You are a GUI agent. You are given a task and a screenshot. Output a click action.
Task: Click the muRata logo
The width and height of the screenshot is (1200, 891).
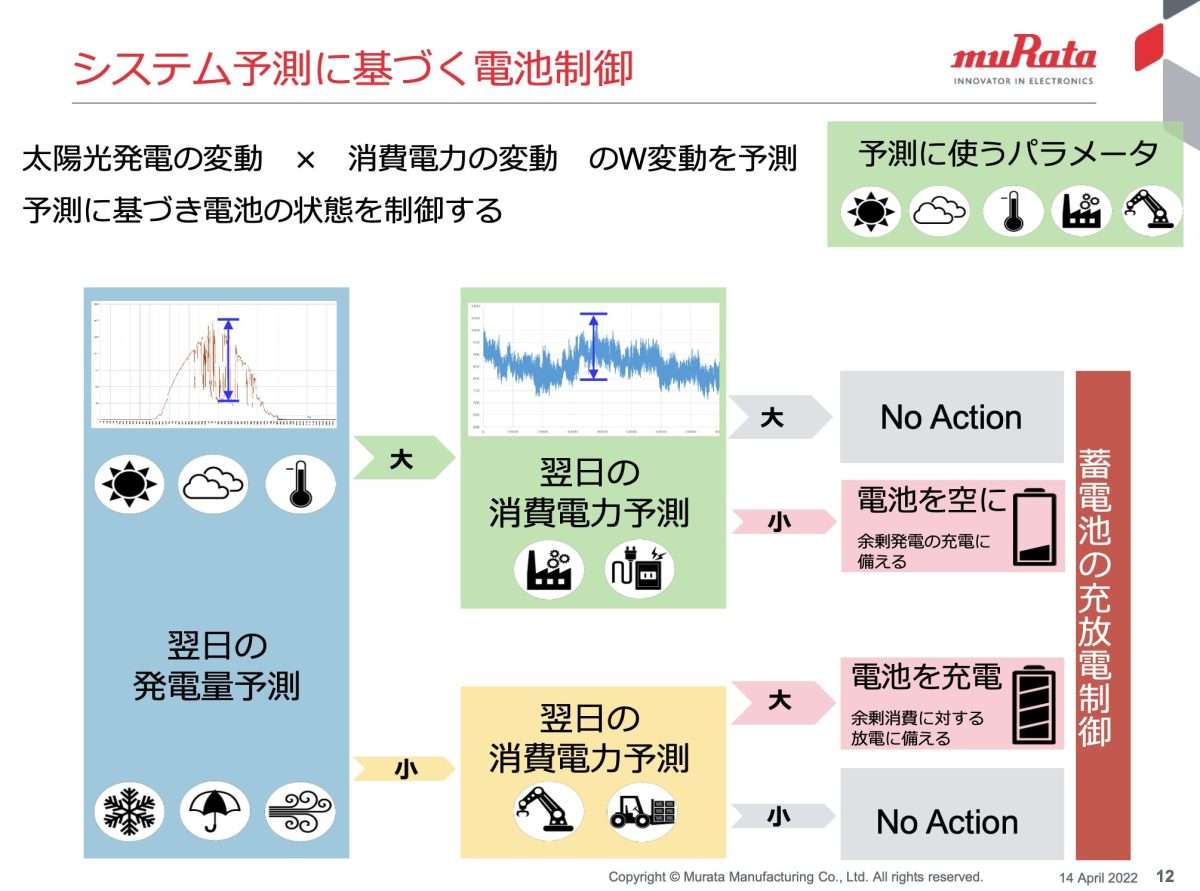click(1023, 62)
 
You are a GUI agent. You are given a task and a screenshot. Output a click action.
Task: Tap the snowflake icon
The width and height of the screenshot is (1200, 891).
click(129, 810)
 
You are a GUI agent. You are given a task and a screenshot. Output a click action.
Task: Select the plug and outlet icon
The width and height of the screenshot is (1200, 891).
click(641, 571)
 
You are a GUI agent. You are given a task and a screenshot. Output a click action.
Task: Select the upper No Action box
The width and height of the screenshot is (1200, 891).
click(951, 417)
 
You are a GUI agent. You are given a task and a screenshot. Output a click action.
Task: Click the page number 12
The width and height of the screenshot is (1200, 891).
click(1165, 876)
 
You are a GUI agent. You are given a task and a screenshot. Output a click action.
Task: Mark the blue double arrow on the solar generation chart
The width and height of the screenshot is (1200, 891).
click(229, 360)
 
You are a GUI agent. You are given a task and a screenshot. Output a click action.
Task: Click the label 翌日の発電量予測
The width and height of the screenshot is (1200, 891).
click(216, 666)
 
